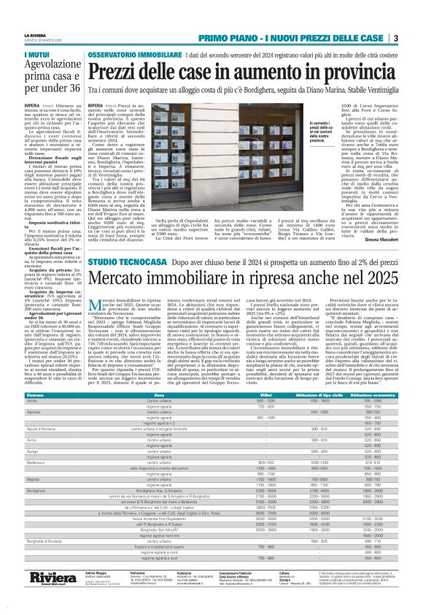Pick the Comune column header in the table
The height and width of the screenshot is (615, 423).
click(x=34, y=394)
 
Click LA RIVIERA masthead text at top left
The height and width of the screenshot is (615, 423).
click(x=34, y=34)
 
